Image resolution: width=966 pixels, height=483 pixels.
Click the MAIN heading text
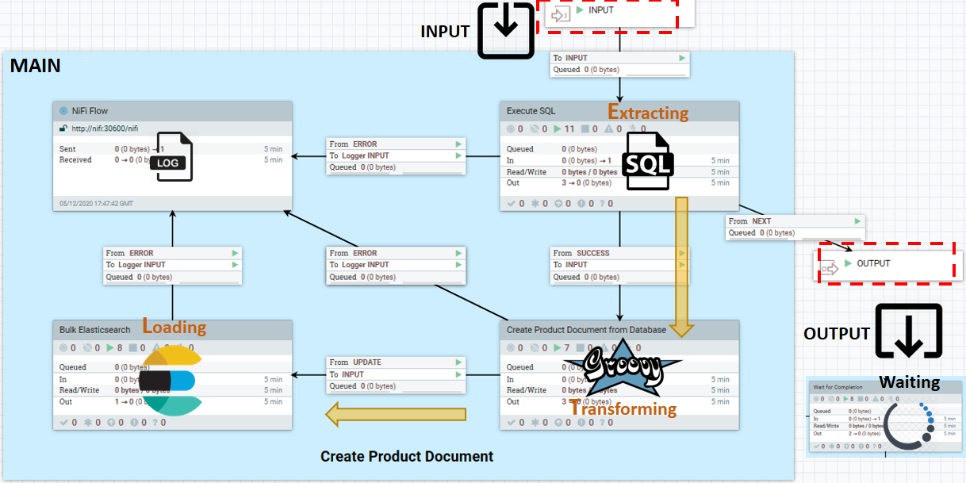pos(35,66)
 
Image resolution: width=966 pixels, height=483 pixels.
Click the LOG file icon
pos(174,156)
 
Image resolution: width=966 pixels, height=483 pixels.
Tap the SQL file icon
pos(650,161)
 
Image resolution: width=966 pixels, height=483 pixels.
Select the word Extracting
pos(648,113)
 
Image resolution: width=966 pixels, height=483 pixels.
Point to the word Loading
pos(174,327)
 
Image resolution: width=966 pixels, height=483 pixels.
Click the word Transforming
pos(623,409)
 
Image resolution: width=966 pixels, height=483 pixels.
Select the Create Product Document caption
pos(407,457)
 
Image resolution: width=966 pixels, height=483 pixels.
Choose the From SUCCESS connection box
pos(619,265)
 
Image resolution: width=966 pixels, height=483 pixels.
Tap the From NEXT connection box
pos(795,227)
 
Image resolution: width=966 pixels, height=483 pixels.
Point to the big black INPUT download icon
pos(506,29)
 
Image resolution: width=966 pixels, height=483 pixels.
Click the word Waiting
pos(909,382)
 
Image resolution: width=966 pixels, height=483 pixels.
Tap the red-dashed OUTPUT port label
pos(873,263)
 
